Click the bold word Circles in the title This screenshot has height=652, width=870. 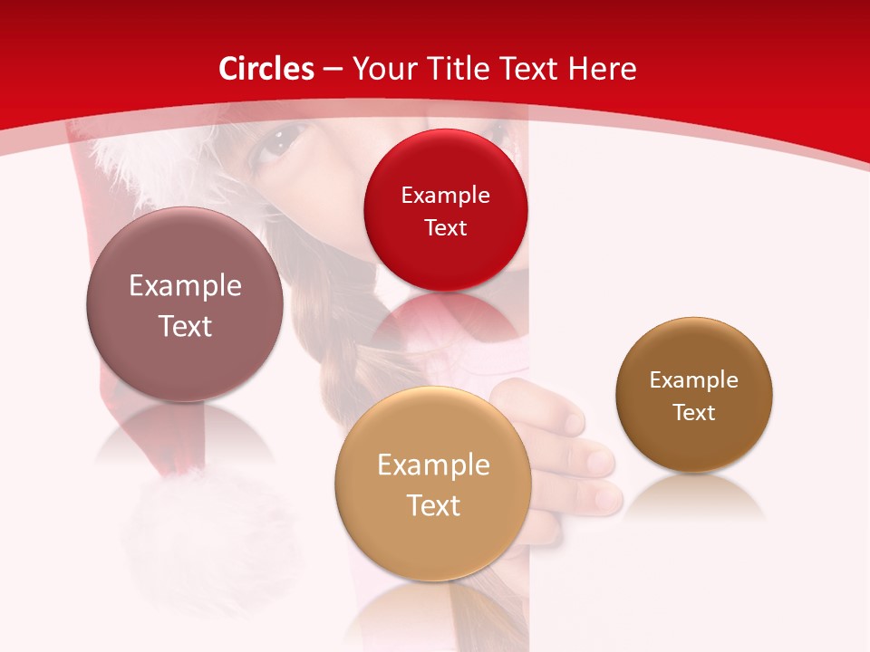(x=266, y=69)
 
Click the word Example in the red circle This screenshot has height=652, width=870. (x=445, y=195)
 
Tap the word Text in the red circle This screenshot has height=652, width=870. (x=445, y=227)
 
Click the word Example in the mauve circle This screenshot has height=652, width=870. (x=185, y=286)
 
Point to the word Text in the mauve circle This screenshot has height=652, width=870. (x=185, y=326)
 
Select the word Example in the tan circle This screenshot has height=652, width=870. (x=433, y=465)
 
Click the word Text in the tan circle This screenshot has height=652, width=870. (x=433, y=505)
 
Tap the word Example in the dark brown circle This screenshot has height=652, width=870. (x=694, y=380)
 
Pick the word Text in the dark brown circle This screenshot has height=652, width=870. (x=694, y=413)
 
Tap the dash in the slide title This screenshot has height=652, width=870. (x=333, y=70)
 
